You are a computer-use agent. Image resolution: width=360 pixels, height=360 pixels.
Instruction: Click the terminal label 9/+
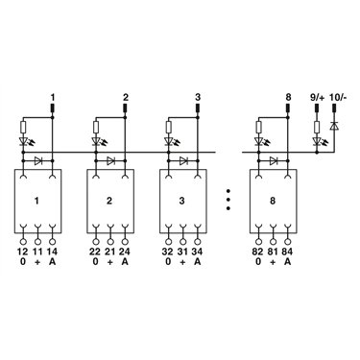(317, 97)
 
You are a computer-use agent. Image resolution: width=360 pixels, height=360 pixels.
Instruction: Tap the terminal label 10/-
(338, 97)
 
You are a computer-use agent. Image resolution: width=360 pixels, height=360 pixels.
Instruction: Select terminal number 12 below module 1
(23, 252)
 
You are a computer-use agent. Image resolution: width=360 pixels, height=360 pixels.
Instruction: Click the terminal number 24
(125, 252)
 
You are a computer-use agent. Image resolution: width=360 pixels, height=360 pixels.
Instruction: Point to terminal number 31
(182, 252)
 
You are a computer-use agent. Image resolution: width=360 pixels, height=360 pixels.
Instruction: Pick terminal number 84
(287, 252)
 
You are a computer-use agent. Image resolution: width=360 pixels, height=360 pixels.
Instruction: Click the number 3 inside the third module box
(181, 201)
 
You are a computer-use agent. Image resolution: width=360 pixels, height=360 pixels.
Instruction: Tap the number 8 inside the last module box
(273, 201)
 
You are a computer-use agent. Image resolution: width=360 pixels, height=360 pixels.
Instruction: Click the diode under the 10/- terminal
(334, 127)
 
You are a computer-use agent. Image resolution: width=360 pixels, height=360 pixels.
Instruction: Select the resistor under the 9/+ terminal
(317, 127)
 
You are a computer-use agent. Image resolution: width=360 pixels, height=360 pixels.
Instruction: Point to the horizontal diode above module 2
(110, 160)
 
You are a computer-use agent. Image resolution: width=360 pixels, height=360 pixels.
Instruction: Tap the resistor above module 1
(23, 127)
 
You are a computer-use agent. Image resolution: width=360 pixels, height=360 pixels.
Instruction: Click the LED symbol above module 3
(168, 141)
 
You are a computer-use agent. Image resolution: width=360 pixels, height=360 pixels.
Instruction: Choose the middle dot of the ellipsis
(228, 200)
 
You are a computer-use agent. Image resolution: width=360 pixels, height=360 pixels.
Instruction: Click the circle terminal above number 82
(257, 242)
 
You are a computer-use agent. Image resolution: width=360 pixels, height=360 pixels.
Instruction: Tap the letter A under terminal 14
(53, 262)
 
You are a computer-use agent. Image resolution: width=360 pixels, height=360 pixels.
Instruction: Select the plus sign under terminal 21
(110, 262)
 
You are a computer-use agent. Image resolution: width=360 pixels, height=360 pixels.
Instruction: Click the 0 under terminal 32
(168, 262)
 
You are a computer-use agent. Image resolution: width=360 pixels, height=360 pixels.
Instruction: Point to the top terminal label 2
(125, 97)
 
